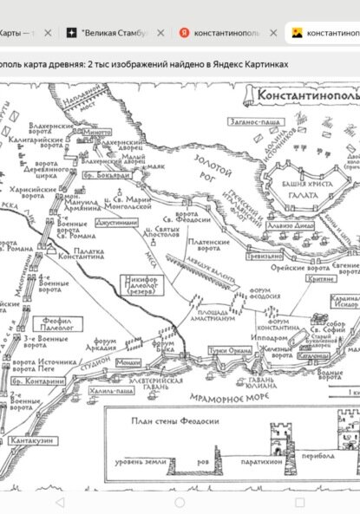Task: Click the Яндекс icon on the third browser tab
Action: (184, 32)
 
